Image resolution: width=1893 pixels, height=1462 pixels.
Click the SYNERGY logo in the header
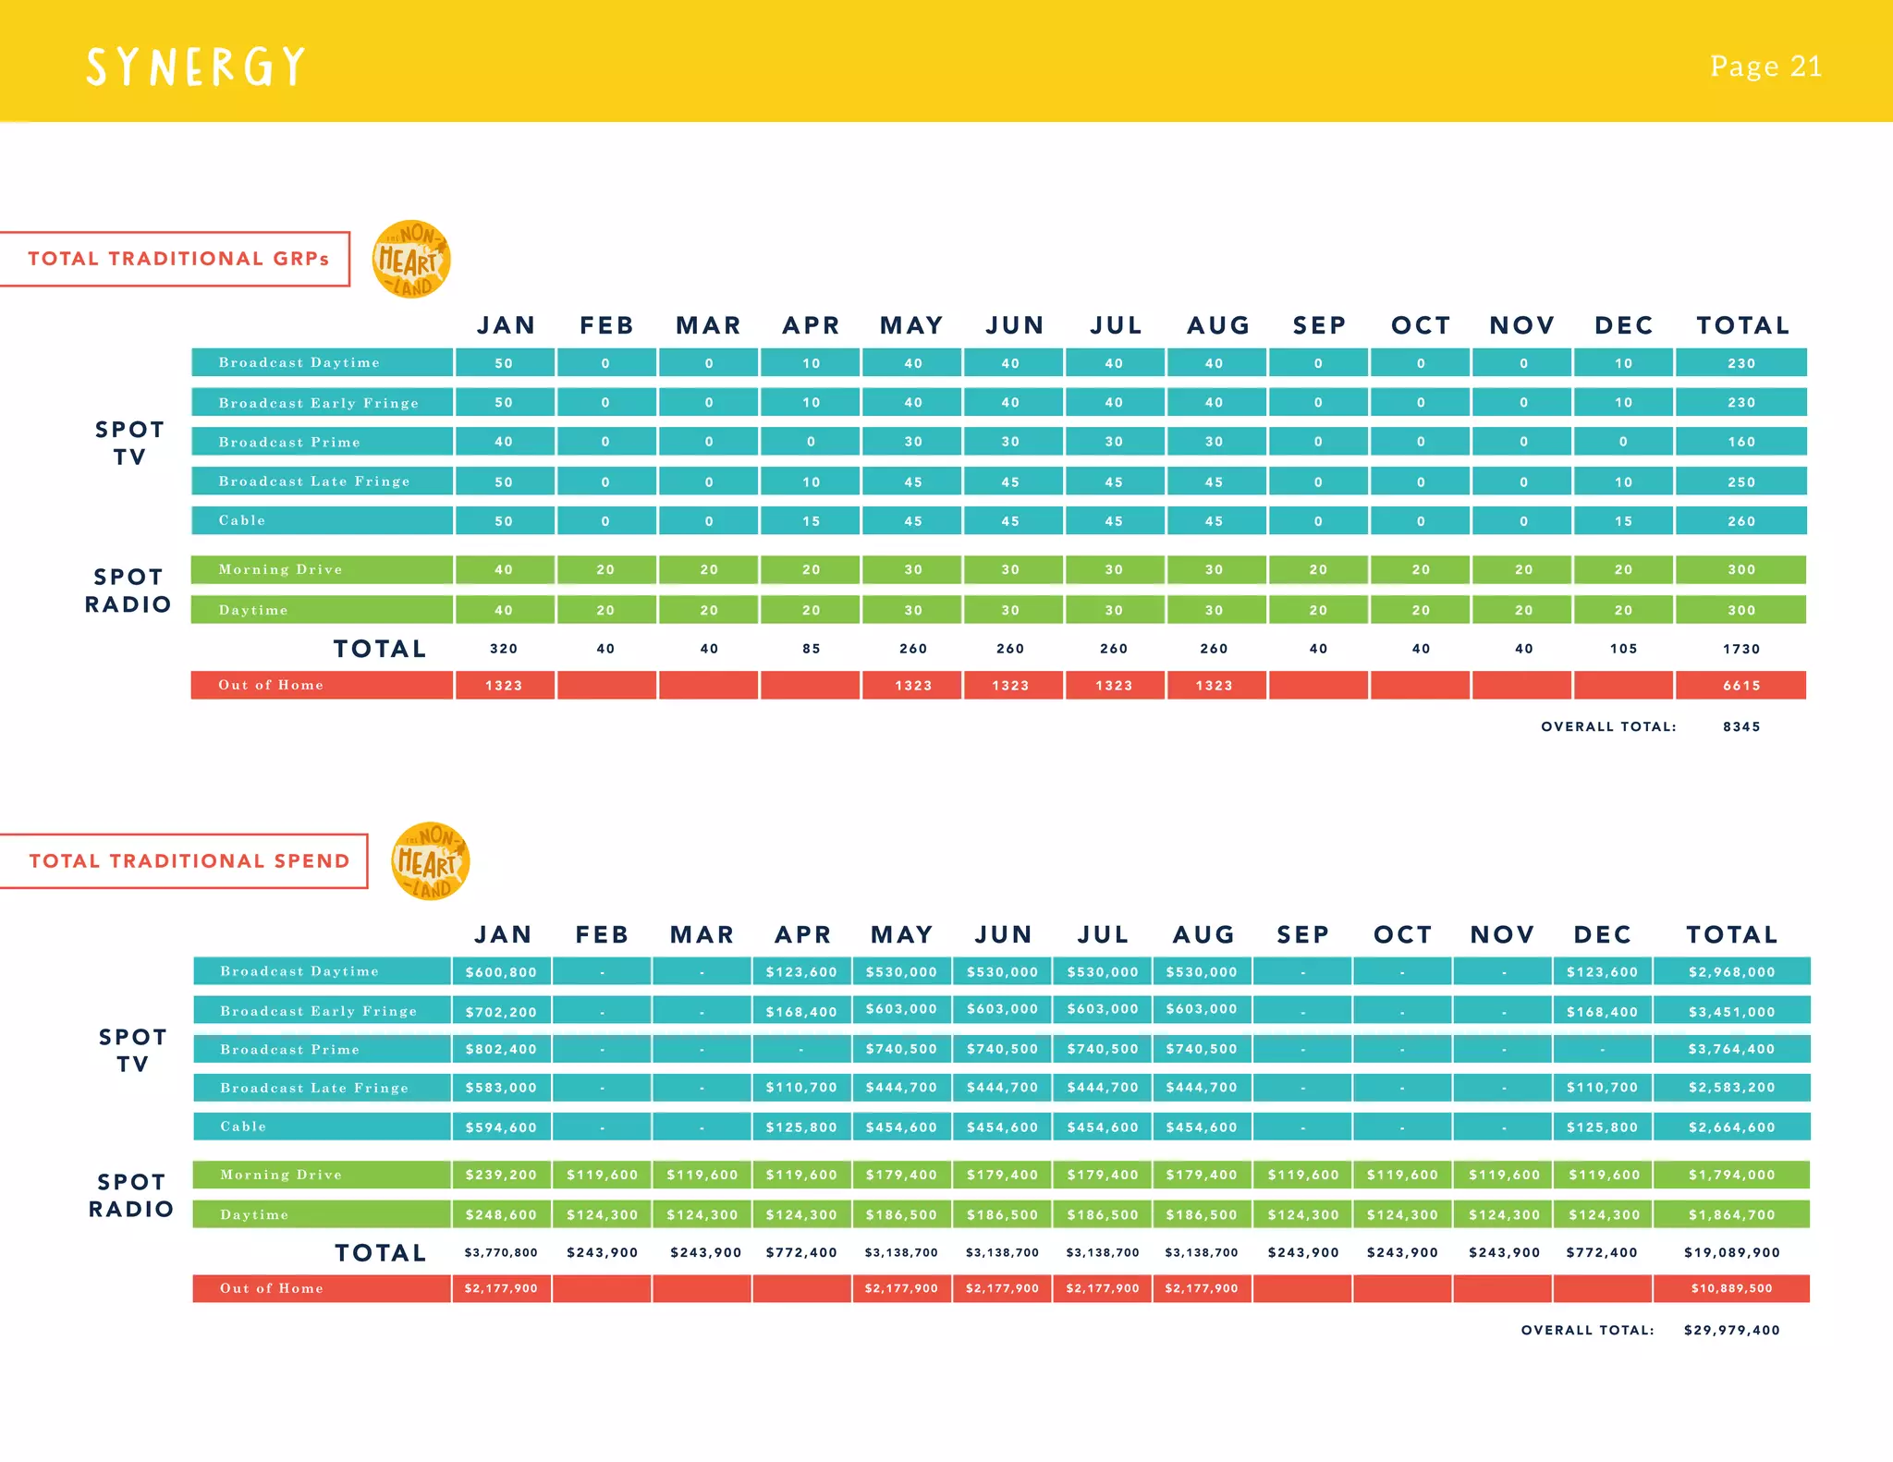tap(195, 67)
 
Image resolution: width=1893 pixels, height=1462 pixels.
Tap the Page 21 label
tap(1765, 67)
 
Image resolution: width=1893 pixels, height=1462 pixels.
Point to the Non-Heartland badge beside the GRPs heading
tap(411, 260)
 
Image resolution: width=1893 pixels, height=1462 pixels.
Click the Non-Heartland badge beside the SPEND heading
tap(431, 861)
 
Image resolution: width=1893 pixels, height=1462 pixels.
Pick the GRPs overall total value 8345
tap(1741, 727)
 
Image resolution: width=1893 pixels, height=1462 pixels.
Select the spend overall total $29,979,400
tap(1731, 1331)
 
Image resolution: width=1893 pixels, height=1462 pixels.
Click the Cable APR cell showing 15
tap(811, 521)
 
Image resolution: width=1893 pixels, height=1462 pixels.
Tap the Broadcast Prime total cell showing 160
tap(1741, 442)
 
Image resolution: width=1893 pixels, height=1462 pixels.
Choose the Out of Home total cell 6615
tap(1741, 686)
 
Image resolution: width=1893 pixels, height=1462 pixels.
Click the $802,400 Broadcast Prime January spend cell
tap(501, 1049)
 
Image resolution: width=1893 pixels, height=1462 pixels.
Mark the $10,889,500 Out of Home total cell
tap(1731, 1288)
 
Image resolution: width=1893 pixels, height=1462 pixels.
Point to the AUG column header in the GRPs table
tap(1218, 325)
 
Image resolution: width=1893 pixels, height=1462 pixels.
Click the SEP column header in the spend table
tap(1302, 934)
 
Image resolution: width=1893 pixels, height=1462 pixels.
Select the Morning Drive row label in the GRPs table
tap(281, 569)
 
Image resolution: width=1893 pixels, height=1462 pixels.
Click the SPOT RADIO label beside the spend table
tap(131, 1195)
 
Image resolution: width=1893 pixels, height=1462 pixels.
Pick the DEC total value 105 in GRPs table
tap(1623, 649)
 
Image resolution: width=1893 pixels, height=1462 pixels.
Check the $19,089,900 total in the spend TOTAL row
tap(1731, 1253)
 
